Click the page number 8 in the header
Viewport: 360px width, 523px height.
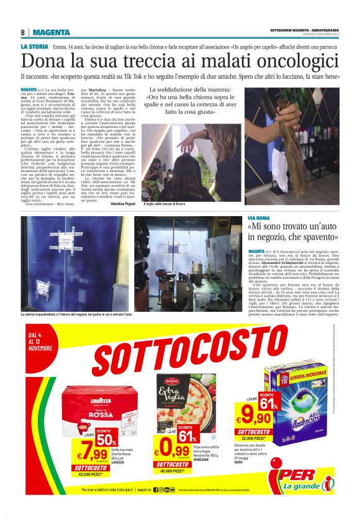pyautogui.click(x=22, y=32)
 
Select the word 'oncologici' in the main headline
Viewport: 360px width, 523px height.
pyautogui.click(x=295, y=61)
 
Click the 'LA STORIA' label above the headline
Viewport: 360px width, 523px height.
pyautogui.click(x=34, y=47)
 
